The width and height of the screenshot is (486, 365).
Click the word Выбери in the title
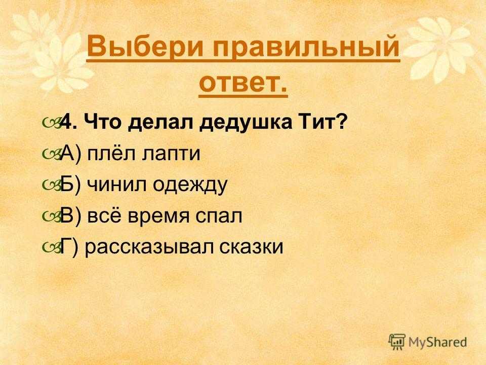pos(145,47)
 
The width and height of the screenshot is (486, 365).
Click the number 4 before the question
pos(66,122)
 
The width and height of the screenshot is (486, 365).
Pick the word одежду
pos(190,186)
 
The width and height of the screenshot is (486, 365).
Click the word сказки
pos(251,247)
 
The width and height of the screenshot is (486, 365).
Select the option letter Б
pos(67,185)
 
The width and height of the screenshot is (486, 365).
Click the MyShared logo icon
pos(397,342)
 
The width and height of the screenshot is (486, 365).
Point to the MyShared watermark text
pos(437,342)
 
